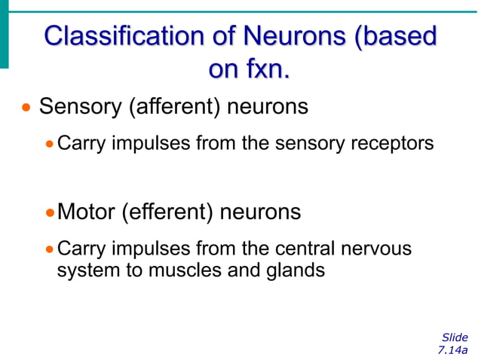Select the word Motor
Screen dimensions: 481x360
[87, 212]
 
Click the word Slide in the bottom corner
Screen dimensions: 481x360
[455, 337]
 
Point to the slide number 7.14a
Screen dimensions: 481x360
[452, 350]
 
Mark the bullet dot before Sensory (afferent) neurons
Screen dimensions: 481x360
[27, 108]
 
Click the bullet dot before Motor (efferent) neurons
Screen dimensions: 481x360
[50, 213]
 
